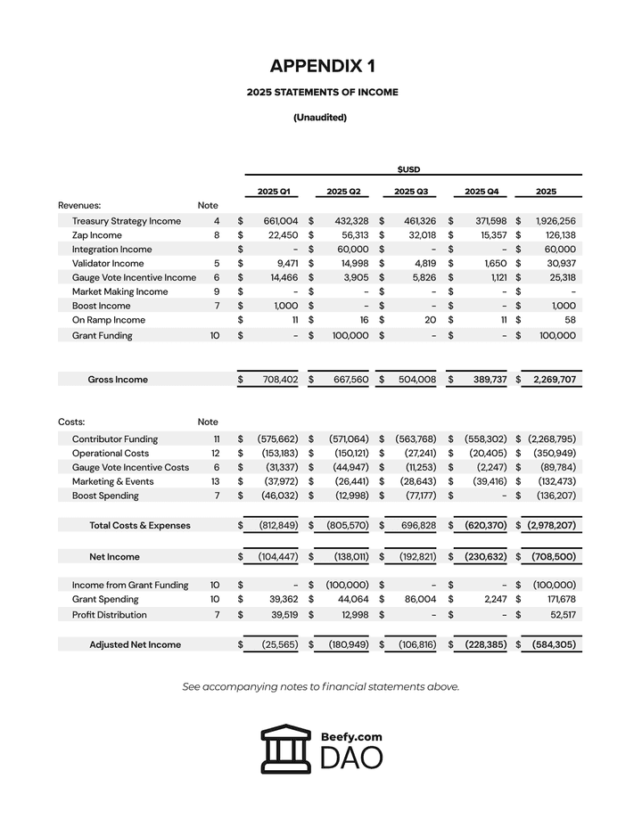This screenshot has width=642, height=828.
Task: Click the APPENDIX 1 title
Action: [322, 66]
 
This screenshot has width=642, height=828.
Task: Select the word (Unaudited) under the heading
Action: [320, 117]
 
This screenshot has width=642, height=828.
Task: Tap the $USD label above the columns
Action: [408, 168]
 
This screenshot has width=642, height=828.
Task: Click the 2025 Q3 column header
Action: [411, 191]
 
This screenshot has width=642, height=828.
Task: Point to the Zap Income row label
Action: [97, 235]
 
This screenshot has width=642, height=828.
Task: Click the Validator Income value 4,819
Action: [421, 264]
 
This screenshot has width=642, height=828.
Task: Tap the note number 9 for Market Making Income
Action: [216, 291]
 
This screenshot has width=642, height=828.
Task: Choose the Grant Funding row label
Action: [103, 336]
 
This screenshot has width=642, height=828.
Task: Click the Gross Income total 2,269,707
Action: [555, 380]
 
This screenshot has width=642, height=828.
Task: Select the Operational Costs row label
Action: [111, 454]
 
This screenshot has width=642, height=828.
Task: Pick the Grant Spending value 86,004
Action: [417, 600]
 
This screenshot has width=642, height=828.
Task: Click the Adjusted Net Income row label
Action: [135, 644]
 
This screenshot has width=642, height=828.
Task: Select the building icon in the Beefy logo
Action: [286, 749]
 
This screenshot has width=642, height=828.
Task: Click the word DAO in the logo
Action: [351, 758]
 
